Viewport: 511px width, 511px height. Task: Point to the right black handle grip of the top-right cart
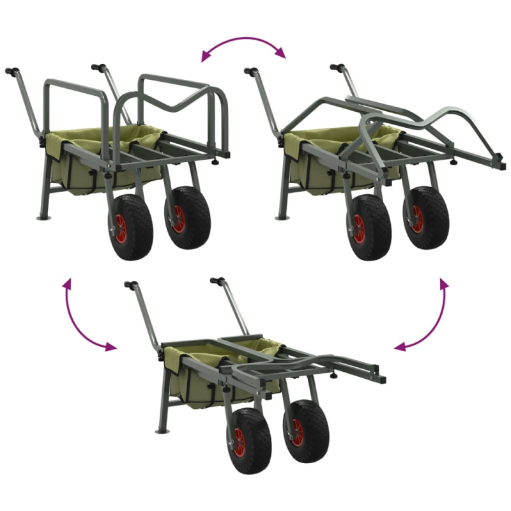pyautogui.click(x=337, y=67)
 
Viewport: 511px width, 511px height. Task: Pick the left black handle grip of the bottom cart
pyautogui.click(x=132, y=284)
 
